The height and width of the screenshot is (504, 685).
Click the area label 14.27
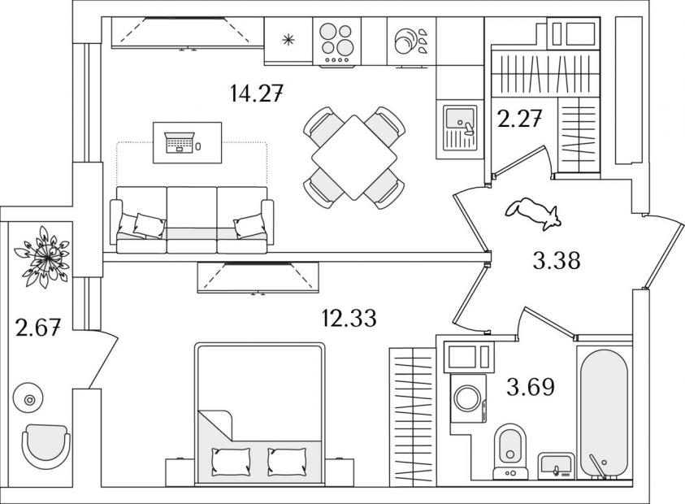click(x=257, y=93)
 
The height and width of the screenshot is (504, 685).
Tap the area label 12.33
click(x=349, y=318)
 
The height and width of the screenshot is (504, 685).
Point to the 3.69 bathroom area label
click(x=531, y=386)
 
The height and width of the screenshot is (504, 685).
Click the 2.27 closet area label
click(x=520, y=119)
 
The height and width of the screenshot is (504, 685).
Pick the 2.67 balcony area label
click(x=37, y=328)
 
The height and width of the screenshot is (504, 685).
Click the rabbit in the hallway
click(x=533, y=212)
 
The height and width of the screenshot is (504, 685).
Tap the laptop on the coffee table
click(x=180, y=142)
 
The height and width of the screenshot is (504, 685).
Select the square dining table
click(x=354, y=158)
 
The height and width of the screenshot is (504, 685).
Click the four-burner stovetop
click(x=336, y=42)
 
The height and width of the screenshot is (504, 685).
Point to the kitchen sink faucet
click(x=468, y=128)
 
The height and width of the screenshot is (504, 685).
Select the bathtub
click(x=605, y=414)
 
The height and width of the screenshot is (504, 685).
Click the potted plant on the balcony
click(x=42, y=257)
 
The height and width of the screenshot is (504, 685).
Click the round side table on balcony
click(x=28, y=398)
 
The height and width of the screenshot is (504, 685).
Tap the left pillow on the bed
click(x=231, y=462)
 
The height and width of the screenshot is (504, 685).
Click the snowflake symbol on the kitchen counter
click(x=288, y=40)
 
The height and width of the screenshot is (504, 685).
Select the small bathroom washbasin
click(x=556, y=464)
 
